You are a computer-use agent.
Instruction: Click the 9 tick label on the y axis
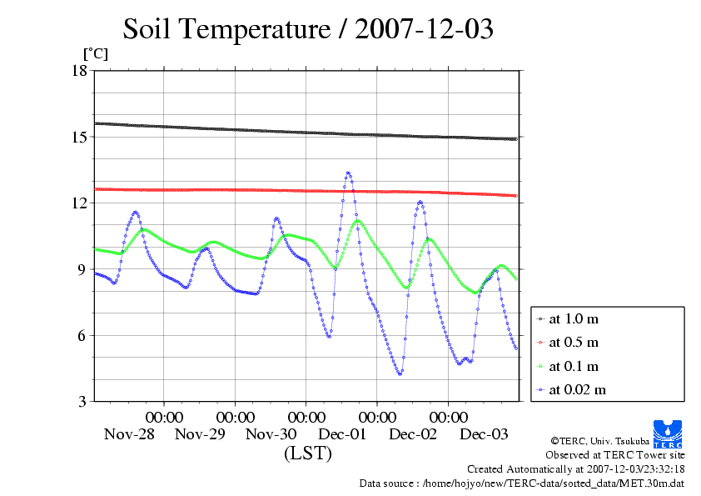[82, 269]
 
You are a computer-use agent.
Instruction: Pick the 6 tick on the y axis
[82, 335]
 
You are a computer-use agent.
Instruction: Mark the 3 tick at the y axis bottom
[82, 402]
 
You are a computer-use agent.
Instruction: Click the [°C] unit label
[95, 53]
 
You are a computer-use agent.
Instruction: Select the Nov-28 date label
[129, 434]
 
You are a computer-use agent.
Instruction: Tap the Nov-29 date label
[201, 434]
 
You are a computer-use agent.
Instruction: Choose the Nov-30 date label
[271, 434]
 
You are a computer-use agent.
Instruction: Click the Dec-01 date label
[342, 434]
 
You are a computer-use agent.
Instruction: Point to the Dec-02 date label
[413, 434]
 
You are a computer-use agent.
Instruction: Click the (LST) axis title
[307, 454]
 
